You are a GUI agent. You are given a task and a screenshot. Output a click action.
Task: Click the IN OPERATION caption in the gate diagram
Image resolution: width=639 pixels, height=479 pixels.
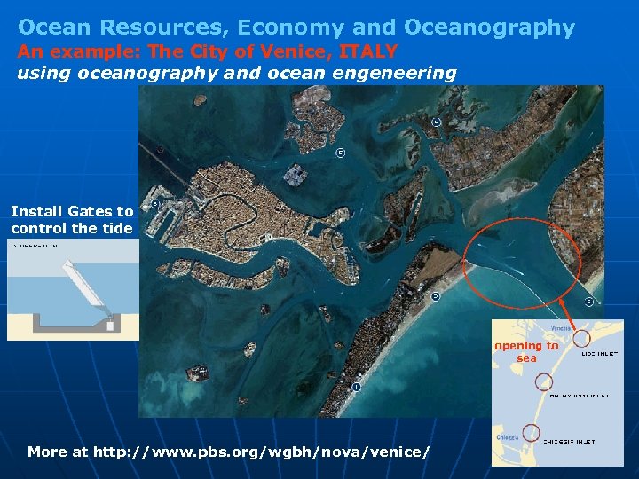(x=34, y=246)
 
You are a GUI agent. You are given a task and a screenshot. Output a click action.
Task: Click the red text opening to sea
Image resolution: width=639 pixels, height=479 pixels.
(x=526, y=352)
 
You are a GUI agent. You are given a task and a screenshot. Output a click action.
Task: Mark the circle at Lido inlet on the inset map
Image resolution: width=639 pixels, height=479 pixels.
(x=581, y=339)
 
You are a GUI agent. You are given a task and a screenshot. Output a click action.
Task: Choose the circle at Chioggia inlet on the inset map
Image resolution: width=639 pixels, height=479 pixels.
(x=531, y=433)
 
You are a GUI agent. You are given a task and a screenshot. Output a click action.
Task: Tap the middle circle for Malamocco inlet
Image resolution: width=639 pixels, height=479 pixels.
(x=543, y=382)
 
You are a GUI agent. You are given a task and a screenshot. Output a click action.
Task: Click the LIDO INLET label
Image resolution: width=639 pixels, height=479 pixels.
(x=601, y=353)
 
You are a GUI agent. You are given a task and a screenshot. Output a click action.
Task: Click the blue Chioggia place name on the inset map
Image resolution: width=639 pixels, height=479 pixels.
(x=507, y=437)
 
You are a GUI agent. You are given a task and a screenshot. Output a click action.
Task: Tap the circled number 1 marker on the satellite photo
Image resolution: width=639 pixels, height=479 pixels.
(x=356, y=387)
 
